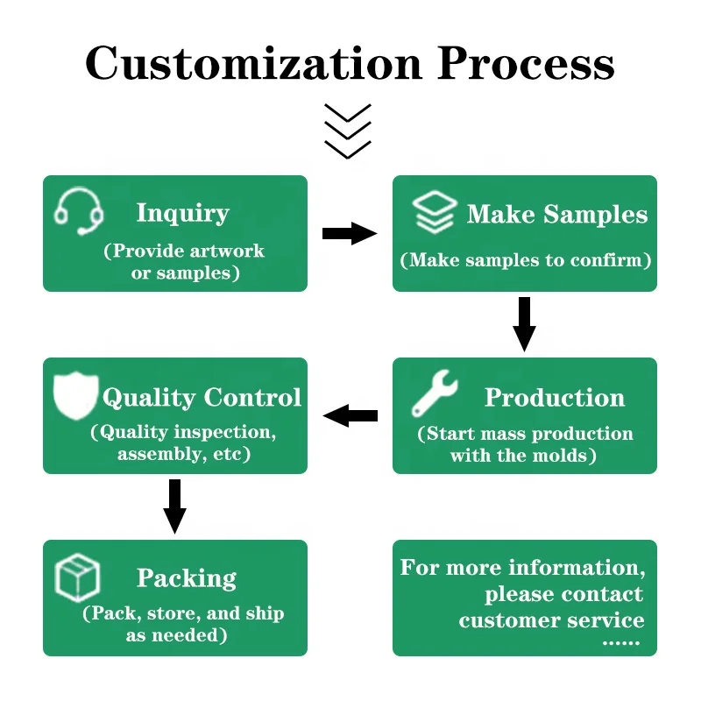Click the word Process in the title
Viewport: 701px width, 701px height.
(526, 63)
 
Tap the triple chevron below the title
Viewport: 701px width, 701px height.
(348, 131)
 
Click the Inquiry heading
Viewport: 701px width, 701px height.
(182, 213)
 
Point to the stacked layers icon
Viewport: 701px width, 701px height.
(435, 213)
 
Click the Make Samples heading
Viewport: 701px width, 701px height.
(557, 215)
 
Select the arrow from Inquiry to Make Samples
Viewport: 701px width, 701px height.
(350, 233)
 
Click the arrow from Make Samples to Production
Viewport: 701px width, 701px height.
(524, 323)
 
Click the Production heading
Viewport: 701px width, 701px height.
(555, 397)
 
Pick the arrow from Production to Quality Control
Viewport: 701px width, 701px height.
(350, 415)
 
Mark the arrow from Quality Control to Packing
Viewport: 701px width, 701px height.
(175, 506)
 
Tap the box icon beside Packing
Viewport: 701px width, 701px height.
(77, 578)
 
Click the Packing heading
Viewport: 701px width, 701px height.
(187, 578)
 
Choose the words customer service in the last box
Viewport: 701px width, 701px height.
(551, 620)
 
